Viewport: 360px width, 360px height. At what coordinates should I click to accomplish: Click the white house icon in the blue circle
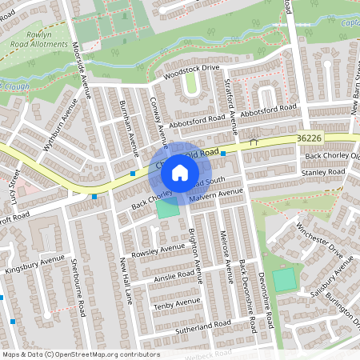click(180, 172)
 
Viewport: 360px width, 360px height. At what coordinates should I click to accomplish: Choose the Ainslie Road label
click(174, 276)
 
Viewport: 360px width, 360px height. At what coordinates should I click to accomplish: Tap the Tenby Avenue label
click(177, 302)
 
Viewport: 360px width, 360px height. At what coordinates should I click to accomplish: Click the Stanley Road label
click(322, 172)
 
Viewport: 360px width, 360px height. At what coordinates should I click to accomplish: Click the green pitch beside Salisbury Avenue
click(284, 280)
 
